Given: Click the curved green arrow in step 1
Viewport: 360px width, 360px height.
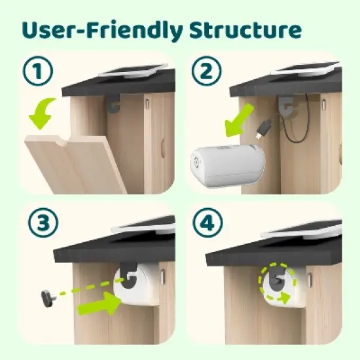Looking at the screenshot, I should pos(43,113).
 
